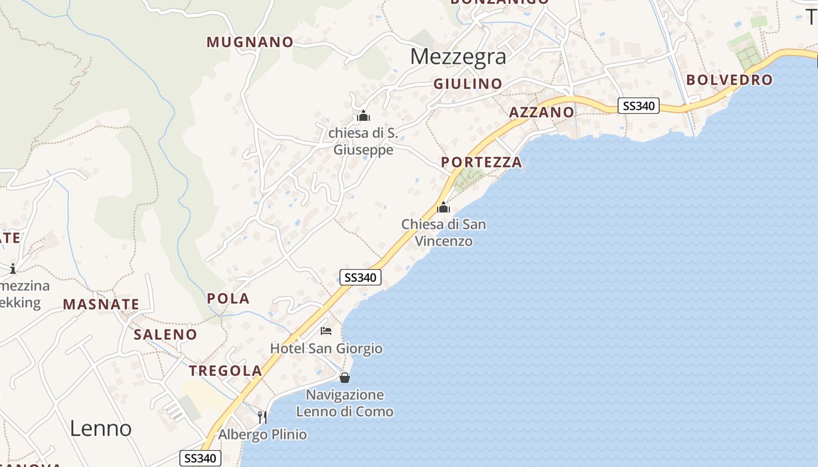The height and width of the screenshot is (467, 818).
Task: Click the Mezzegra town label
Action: pyautogui.click(x=457, y=57)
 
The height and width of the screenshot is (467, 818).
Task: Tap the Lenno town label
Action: pyautogui.click(x=100, y=428)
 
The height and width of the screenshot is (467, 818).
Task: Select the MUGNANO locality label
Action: pyautogui.click(x=249, y=42)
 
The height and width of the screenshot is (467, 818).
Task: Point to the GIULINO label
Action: pyautogui.click(x=467, y=84)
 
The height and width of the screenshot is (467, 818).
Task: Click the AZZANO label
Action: pyautogui.click(x=541, y=112)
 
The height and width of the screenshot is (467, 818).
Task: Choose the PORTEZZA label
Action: pyautogui.click(x=481, y=162)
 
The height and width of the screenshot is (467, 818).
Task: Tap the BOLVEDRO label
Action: pyautogui.click(x=729, y=80)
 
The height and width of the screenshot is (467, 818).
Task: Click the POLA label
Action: pyautogui.click(x=228, y=299)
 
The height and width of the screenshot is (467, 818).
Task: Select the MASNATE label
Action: pyautogui.click(x=101, y=304)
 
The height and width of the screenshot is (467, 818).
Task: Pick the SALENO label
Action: pyautogui.click(x=165, y=334)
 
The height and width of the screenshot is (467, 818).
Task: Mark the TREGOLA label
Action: pyautogui.click(x=226, y=371)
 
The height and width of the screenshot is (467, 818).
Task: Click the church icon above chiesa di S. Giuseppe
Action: pyautogui.click(x=363, y=116)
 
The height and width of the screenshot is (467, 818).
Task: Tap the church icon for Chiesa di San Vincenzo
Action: pyautogui.click(x=443, y=207)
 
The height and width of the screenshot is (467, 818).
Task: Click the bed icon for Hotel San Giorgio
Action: pyautogui.click(x=326, y=331)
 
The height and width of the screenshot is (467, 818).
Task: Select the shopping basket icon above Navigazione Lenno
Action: pyautogui.click(x=345, y=378)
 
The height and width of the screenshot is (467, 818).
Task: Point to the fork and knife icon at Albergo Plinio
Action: pyautogui.click(x=262, y=417)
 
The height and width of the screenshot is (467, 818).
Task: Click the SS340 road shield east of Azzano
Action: pyautogui.click(x=639, y=106)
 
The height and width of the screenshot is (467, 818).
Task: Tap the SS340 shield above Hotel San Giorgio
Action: pyautogui.click(x=361, y=277)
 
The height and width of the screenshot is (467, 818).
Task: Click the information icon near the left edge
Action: pyautogui.click(x=13, y=269)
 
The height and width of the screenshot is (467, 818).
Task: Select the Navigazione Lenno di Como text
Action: pyautogui.click(x=345, y=403)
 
